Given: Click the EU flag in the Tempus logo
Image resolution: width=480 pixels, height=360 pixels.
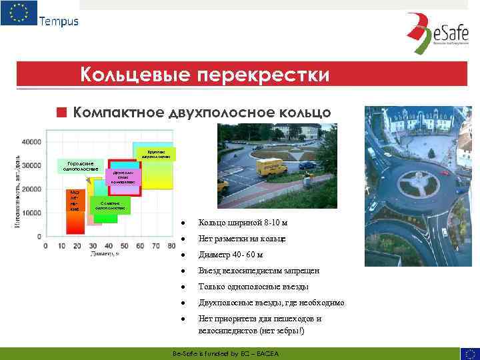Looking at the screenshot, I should point(19,13).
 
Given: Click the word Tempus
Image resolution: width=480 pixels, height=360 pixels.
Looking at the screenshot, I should point(59,21).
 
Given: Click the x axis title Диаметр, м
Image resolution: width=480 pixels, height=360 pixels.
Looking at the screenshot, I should point(105,254).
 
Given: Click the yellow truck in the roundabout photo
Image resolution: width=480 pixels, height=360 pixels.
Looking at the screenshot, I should point(271,166).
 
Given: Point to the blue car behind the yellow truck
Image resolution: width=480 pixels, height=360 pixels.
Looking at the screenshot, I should point(306,164).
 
